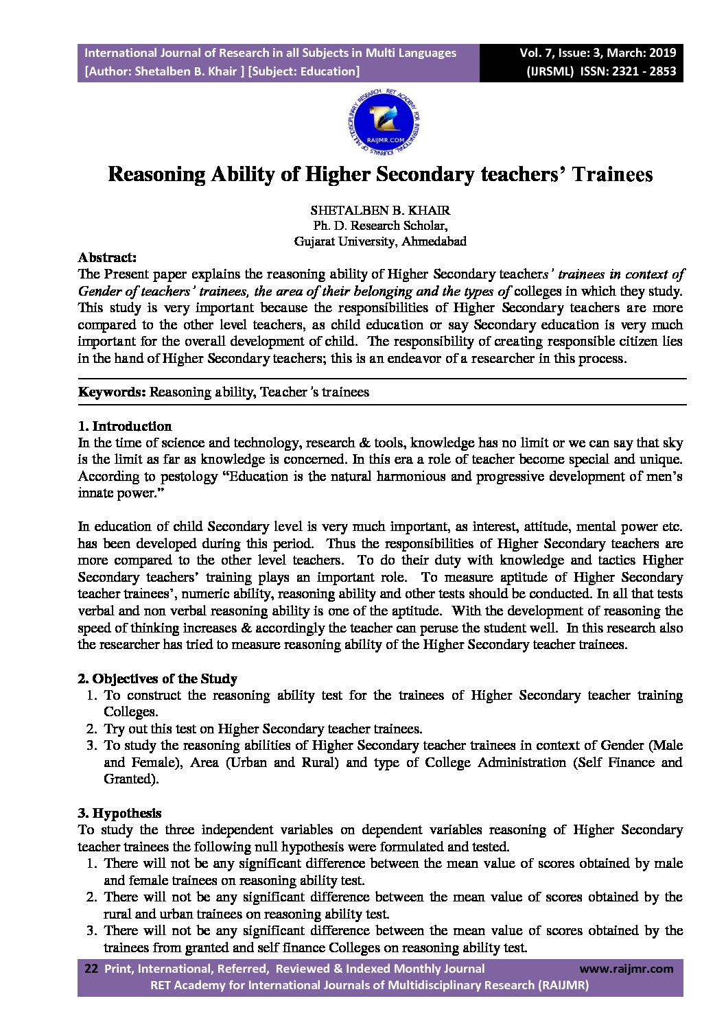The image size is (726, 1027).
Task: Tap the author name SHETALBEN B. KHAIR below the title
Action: coord(380,210)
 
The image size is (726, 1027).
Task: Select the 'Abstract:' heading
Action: coord(107,257)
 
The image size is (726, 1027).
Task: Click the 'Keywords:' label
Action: coord(112,392)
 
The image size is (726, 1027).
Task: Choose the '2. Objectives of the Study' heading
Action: coord(157,678)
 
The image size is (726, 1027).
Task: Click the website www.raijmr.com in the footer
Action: coord(627,969)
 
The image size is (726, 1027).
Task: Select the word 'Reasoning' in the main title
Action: coord(157,174)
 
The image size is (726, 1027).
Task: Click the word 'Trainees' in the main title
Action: coord(612,174)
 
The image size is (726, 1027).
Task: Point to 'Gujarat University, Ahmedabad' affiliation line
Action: coord(380,241)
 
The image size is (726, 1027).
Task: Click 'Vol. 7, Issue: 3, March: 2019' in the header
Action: coord(598,53)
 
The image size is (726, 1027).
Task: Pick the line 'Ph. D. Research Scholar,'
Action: coord(380,226)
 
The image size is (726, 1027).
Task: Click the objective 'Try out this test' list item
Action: coord(263,729)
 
